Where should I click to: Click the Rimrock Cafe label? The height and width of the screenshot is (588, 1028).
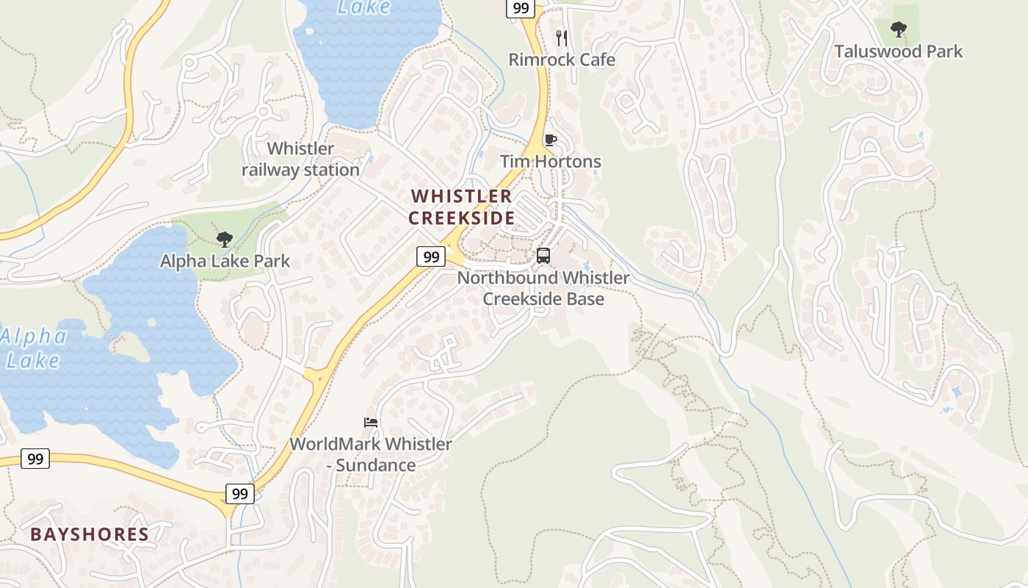(x=562, y=60)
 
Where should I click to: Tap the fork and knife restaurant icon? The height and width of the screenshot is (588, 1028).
(x=562, y=37)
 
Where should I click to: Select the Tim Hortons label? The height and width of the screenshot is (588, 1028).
(x=550, y=162)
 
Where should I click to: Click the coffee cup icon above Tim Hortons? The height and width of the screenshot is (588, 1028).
(x=550, y=140)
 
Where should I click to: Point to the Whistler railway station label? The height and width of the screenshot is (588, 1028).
(x=300, y=159)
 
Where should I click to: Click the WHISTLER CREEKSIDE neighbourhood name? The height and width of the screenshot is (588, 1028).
(x=461, y=207)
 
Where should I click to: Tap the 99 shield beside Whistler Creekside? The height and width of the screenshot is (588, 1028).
(x=431, y=257)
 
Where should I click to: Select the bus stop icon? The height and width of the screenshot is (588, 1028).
(x=543, y=256)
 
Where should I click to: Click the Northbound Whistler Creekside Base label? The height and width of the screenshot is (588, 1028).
(x=543, y=288)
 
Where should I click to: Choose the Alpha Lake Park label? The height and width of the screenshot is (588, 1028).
(x=225, y=261)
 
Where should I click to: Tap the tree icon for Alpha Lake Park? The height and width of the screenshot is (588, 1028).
(x=225, y=239)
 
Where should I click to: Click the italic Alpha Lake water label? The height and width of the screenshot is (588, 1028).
(x=33, y=348)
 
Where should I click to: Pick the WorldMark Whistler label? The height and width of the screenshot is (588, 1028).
(x=370, y=445)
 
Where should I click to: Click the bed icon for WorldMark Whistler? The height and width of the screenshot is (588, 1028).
(x=371, y=422)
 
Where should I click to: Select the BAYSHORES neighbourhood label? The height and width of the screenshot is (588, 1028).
(x=90, y=534)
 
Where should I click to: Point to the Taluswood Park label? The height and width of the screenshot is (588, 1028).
(x=898, y=51)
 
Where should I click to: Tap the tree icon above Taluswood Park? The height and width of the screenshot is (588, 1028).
(x=897, y=29)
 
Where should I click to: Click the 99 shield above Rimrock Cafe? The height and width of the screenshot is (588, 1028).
(x=519, y=8)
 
